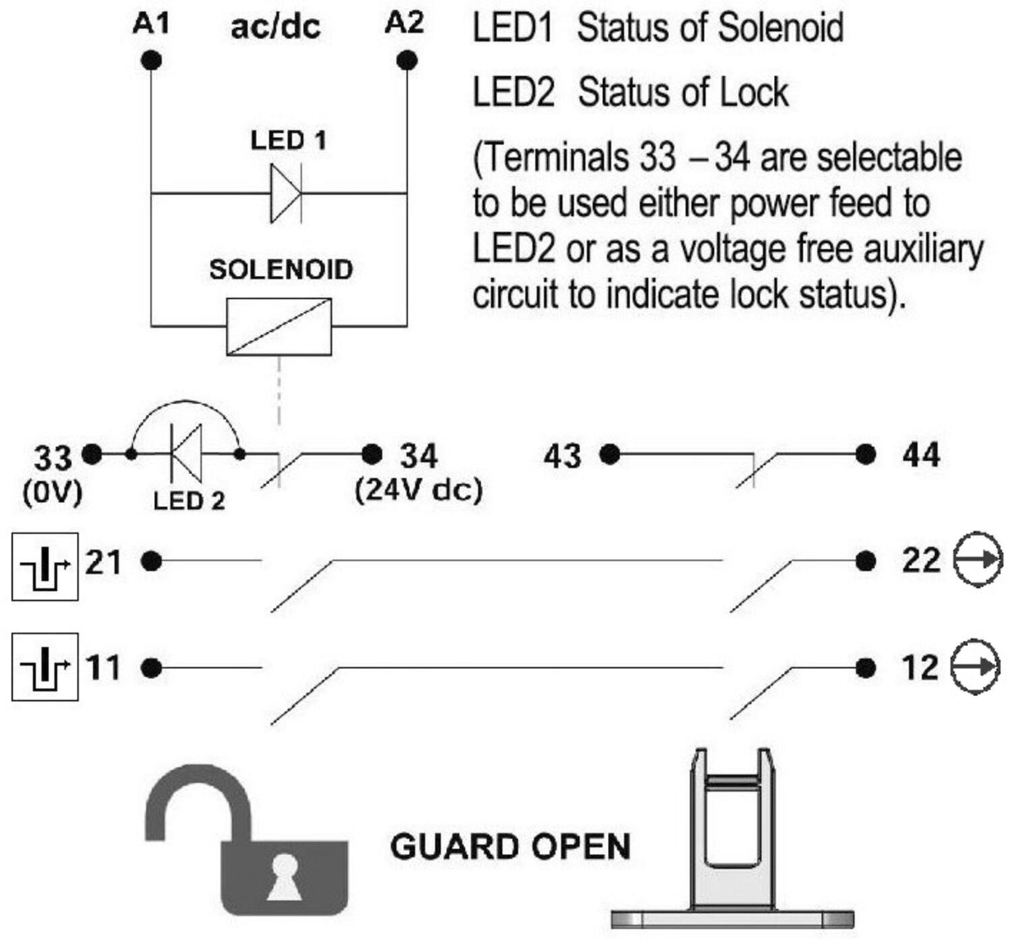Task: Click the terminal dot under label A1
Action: [151, 61]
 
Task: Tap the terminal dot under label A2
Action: [407, 61]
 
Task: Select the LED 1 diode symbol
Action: [286, 194]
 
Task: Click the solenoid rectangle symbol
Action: [279, 326]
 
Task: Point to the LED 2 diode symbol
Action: [186, 453]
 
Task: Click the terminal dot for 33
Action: [92, 454]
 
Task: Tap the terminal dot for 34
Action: [372, 454]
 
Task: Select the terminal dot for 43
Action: [610, 454]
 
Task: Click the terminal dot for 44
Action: [865, 454]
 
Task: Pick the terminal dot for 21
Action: [151, 560]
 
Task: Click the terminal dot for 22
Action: [865, 560]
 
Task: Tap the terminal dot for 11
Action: [151, 668]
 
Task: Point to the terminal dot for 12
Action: [865, 668]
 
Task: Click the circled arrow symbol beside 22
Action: [978, 559]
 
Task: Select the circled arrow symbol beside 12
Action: [975, 666]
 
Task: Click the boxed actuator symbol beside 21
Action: [45, 566]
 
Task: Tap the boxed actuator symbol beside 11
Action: [45, 666]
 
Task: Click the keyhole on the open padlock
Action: [284, 877]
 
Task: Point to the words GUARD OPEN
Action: [510, 846]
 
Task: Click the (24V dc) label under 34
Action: [418, 490]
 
